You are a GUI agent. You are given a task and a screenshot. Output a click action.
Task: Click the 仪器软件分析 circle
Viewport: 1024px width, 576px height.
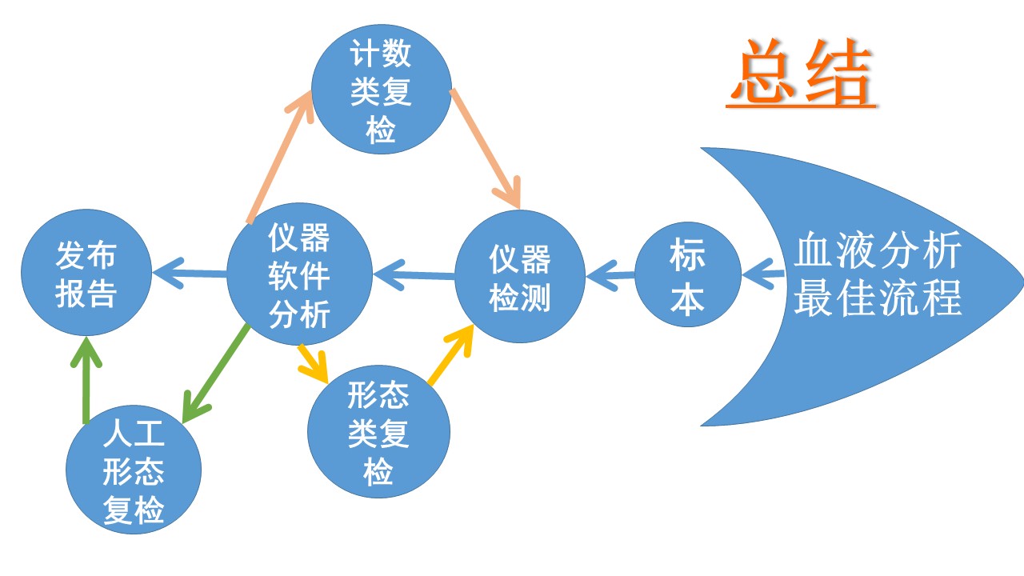(x=299, y=274)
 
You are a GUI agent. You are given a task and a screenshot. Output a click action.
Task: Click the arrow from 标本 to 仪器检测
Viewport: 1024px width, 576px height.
(x=611, y=277)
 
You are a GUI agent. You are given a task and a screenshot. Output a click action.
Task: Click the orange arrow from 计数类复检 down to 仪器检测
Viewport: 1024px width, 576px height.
(x=485, y=148)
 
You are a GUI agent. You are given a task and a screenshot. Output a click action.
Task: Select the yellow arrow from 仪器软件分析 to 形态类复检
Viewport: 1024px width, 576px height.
(x=312, y=359)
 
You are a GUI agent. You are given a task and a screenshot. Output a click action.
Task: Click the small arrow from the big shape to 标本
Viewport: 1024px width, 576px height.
(x=763, y=275)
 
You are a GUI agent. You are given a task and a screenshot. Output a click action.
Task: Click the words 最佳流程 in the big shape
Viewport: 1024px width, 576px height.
(x=877, y=298)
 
